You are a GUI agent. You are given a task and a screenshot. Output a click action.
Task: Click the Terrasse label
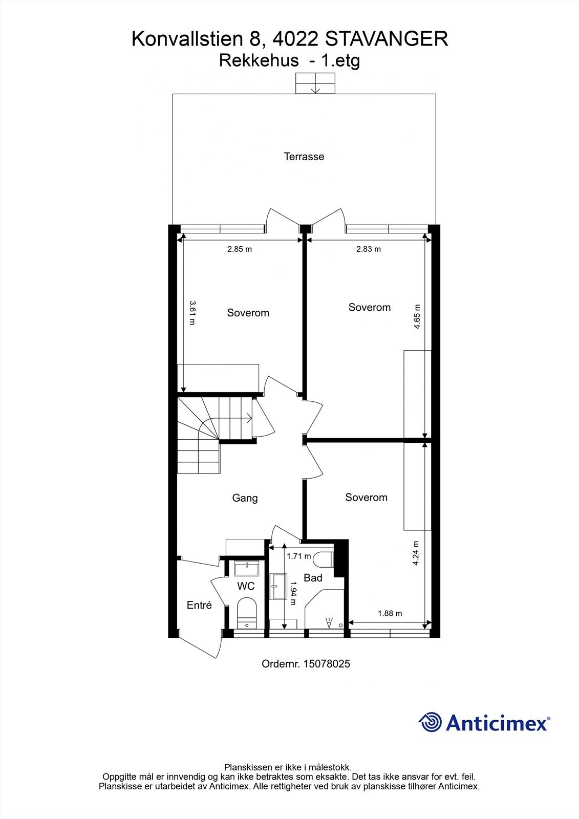tap(304, 157)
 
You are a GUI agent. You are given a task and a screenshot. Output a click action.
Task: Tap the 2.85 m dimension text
tap(240, 249)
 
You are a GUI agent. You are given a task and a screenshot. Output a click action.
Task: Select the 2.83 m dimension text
tap(369, 249)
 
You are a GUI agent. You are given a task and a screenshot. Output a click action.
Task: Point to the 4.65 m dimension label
tap(417, 316)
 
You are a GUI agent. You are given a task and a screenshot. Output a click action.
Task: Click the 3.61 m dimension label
tap(192, 313)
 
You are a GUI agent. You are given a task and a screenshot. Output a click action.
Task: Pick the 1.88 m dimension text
tap(390, 613)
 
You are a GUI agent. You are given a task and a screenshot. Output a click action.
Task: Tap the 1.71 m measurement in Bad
tap(298, 556)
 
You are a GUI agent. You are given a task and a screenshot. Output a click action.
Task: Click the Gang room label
tap(245, 498)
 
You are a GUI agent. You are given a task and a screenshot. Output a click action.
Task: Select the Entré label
tap(199, 605)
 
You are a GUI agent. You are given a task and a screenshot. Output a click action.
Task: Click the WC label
tap(246, 586)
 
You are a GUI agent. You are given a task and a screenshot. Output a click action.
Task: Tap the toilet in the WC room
tap(246, 610)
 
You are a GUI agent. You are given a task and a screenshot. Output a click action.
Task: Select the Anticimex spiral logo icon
tap(430, 722)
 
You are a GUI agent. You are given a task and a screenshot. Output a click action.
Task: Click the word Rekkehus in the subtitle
tap(259, 61)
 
